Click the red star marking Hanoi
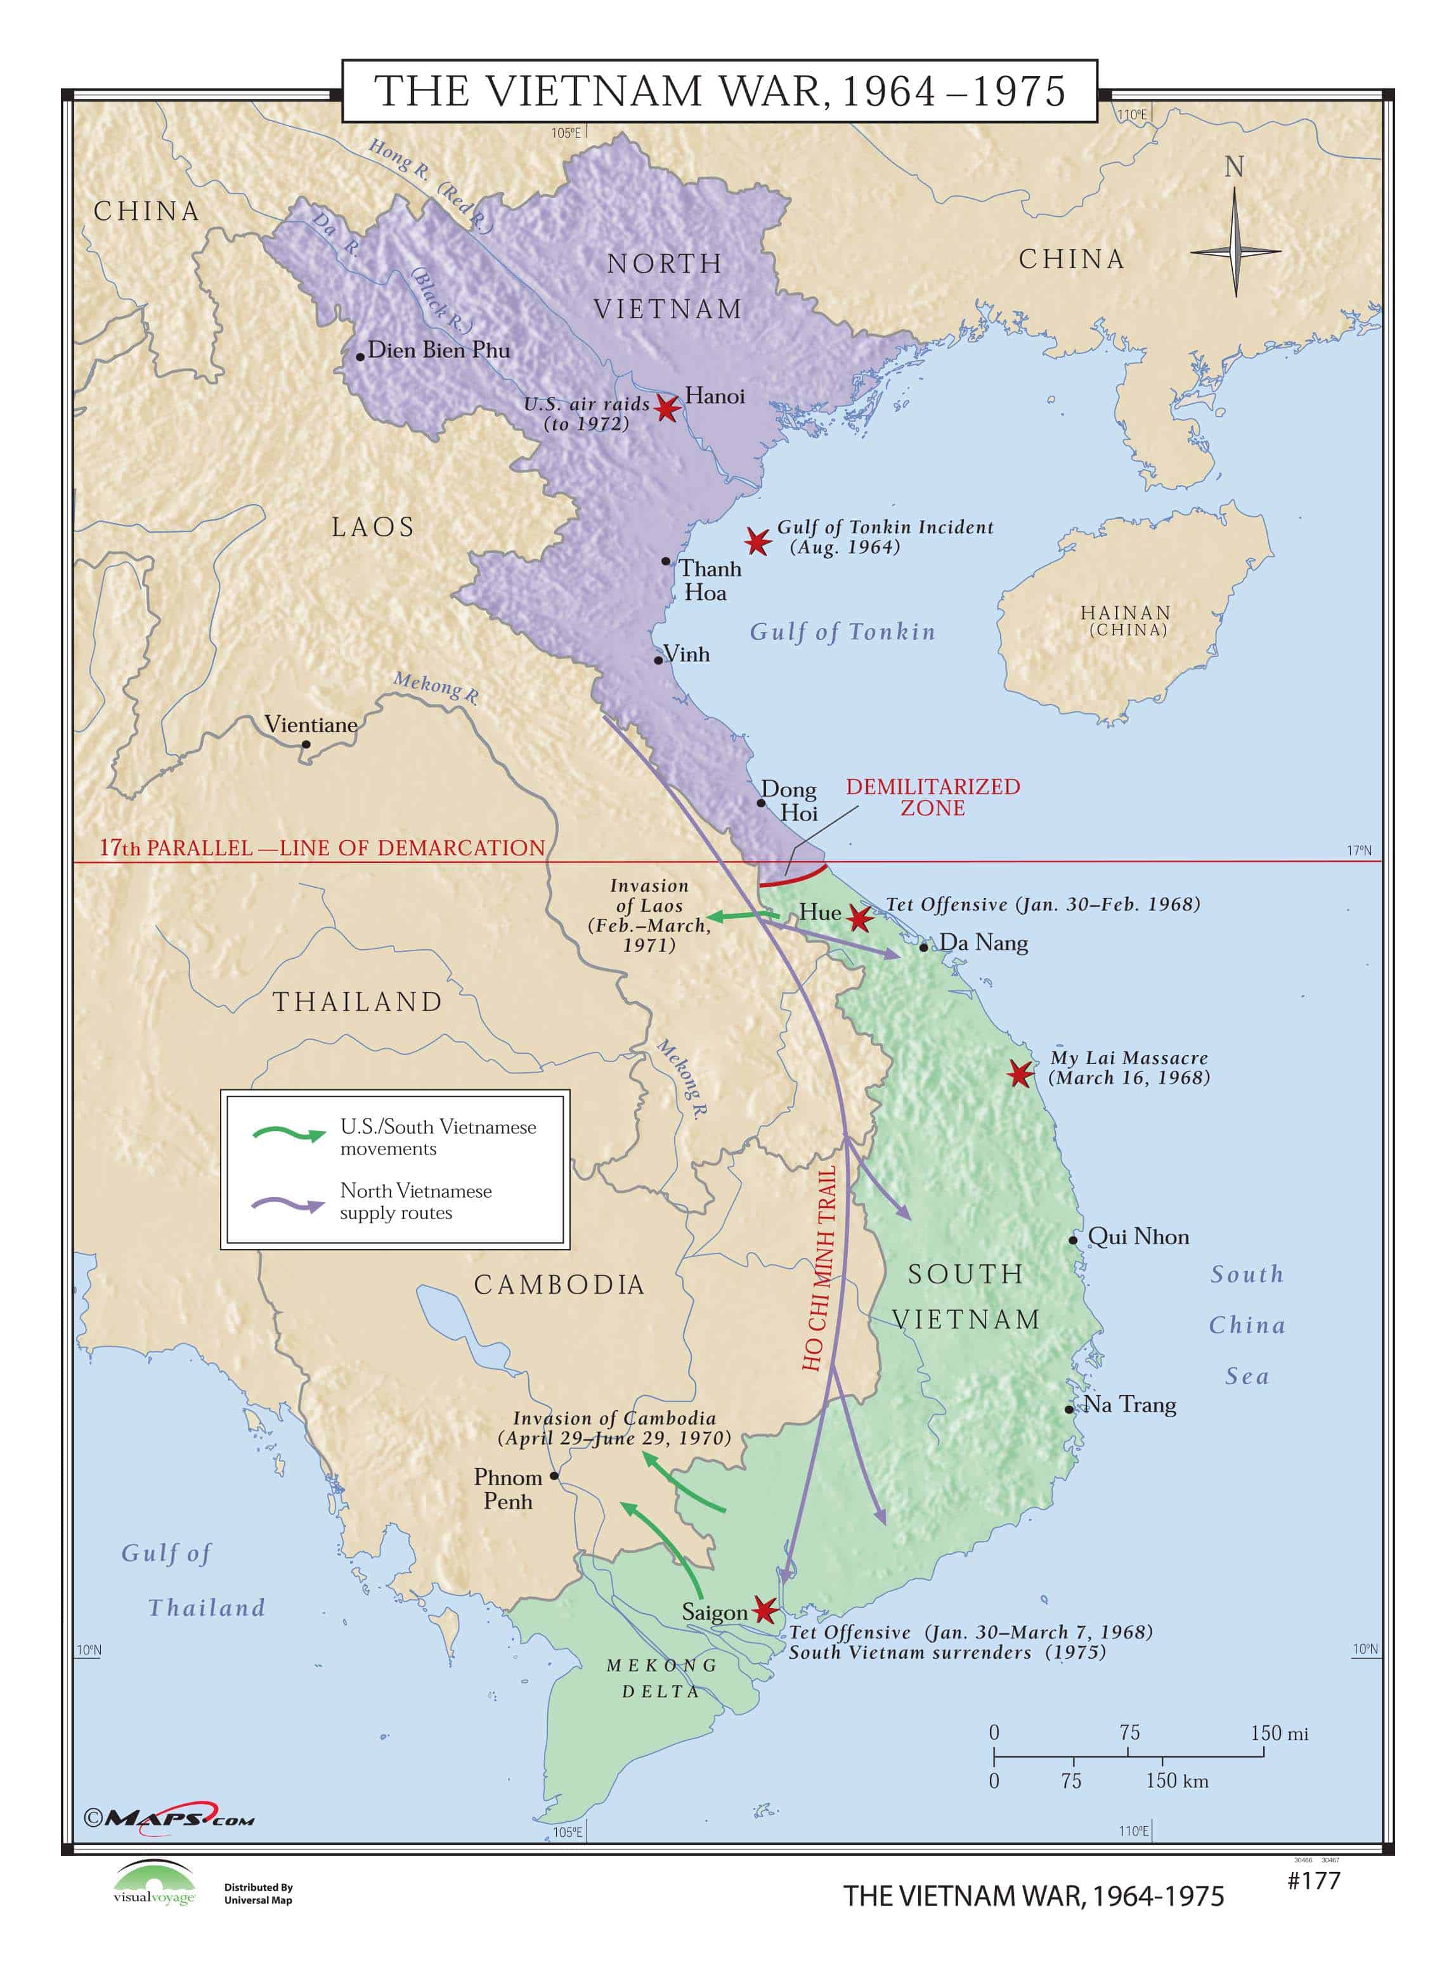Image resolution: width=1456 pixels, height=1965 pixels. tap(667, 408)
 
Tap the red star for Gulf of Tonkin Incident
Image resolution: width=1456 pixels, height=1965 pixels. tap(757, 541)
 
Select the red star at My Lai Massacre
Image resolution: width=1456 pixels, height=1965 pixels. tap(1020, 1073)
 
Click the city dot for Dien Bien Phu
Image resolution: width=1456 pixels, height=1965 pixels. tap(360, 357)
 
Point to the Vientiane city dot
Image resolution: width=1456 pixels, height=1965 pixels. tap(306, 744)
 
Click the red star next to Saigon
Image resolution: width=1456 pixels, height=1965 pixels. tap(764, 1610)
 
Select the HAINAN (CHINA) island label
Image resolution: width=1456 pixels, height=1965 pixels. tap(1126, 620)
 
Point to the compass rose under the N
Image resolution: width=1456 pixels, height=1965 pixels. tap(1235, 252)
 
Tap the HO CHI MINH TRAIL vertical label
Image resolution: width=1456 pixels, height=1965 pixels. tap(819, 1269)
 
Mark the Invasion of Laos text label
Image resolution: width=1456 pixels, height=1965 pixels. tap(649, 914)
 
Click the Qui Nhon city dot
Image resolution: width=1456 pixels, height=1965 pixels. tap(1072, 1240)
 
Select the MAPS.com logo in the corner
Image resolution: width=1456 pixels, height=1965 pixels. tap(169, 1817)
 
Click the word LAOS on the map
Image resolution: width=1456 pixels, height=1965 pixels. tap(372, 527)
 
